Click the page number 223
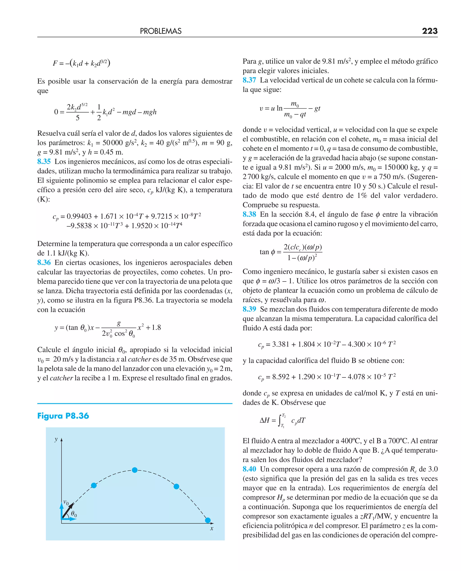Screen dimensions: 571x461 point(429,31)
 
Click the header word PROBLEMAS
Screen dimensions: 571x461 point(161,31)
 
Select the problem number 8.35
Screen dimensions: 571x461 point(44,161)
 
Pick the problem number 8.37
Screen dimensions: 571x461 point(249,80)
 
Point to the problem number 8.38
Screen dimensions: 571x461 point(249,214)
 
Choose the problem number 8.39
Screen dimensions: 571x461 point(249,309)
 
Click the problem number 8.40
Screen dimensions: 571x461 point(249,469)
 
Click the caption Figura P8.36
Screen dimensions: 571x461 point(63,416)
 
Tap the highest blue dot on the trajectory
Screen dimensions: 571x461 point(135,470)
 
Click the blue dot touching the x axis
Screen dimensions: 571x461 point(208,520)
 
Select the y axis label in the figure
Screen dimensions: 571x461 point(56,439)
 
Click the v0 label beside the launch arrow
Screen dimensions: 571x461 point(66,502)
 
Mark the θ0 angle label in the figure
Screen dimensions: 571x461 point(74,514)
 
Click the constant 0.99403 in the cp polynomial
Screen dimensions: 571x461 point(79,216)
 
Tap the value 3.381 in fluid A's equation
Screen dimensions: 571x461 point(280,344)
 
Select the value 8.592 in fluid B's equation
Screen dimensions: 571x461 point(280,377)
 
